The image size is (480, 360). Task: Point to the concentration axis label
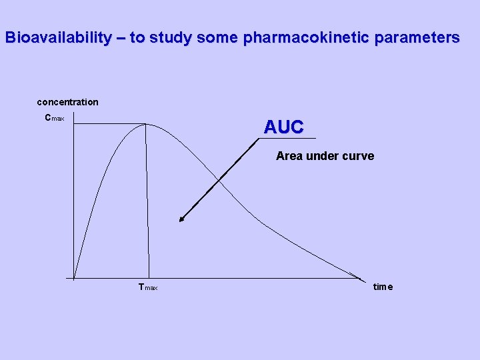(67, 102)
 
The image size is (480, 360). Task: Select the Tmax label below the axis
(147, 287)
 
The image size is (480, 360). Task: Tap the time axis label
(383, 287)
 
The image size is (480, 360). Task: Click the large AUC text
(283, 127)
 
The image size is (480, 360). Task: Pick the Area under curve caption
(325, 156)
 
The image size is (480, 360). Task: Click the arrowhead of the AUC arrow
(181, 219)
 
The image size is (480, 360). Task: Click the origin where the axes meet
(74, 278)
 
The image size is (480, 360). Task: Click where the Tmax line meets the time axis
(149, 278)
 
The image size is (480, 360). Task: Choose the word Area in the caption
(289, 156)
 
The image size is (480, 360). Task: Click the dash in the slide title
(120, 38)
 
